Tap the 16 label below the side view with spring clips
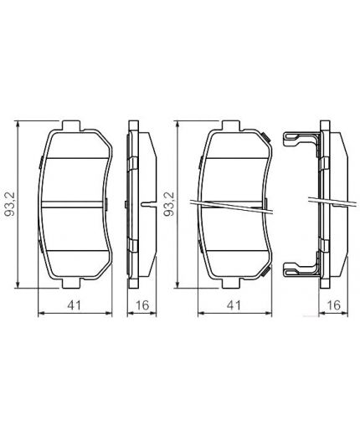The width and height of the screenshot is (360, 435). click(333, 306)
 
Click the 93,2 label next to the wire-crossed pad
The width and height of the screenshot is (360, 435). click(170, 204)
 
